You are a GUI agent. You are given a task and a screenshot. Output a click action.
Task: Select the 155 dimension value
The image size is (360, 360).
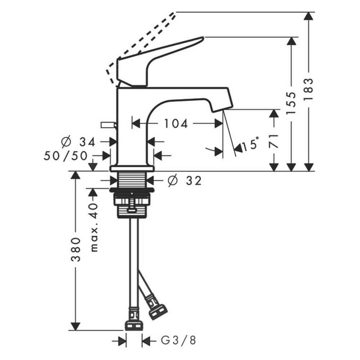coord(291,104)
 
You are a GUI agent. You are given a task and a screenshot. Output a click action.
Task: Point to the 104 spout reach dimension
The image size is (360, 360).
coord(176,123)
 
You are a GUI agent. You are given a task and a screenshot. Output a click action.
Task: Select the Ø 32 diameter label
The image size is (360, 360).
coord(183,181)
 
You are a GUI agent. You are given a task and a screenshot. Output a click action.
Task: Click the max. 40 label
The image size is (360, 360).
coord(94,227)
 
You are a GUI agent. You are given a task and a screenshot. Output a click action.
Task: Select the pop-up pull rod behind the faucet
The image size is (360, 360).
coord(108,125)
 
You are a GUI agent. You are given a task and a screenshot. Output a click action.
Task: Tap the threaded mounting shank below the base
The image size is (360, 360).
coord(134,180)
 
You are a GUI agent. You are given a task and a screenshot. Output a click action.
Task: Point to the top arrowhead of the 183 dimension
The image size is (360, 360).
coord(310,17)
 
